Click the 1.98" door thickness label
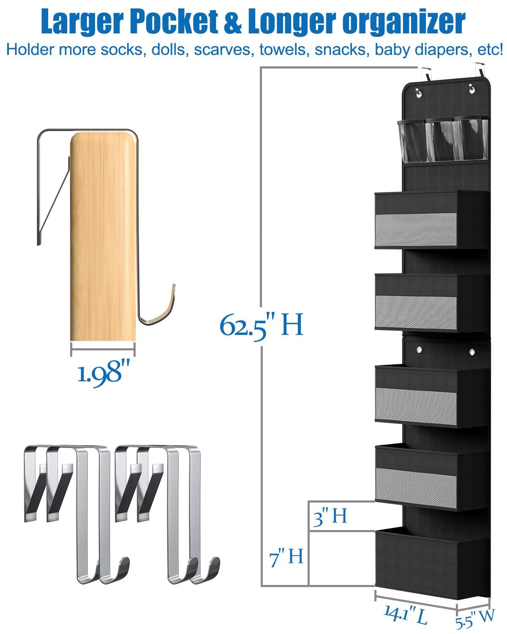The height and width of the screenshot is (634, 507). click(103, 373)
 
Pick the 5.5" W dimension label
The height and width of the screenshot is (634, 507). click(475, 618)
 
